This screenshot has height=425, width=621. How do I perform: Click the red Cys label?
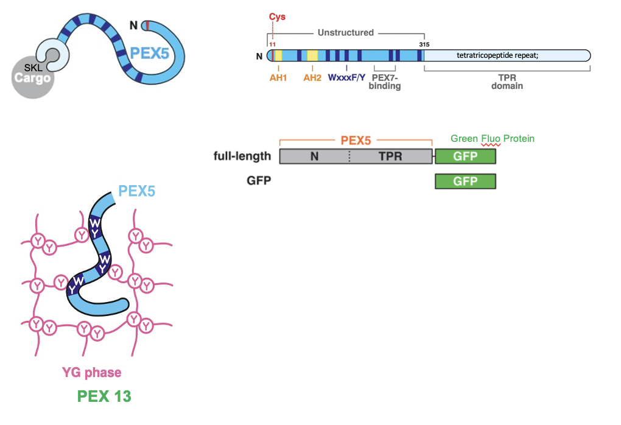click(277, 17)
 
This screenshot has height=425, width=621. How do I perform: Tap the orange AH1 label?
click(278, 77)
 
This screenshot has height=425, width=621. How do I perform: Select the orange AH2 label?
click(312, 77)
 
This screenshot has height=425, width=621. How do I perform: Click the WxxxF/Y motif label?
click(347, 77)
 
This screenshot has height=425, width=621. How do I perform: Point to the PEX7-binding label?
click(385, 82)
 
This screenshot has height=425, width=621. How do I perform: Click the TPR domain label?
click(507, 82)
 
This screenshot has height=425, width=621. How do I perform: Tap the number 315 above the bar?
click(424, 44)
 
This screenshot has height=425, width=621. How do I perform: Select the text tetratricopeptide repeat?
click(497, 55)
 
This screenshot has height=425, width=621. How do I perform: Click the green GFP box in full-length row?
click(465, 156)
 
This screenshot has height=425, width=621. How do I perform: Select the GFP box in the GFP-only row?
click(465, 181)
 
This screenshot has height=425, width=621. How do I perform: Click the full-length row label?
click(242, 156)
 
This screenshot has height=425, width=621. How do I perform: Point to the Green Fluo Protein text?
click(492, 139)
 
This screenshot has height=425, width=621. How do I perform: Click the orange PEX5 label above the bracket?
click(356, 139)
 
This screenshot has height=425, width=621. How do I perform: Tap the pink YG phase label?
click(91, 372)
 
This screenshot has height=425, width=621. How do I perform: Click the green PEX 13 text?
click(104, 396)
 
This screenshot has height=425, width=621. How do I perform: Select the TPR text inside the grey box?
click(390, 156)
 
